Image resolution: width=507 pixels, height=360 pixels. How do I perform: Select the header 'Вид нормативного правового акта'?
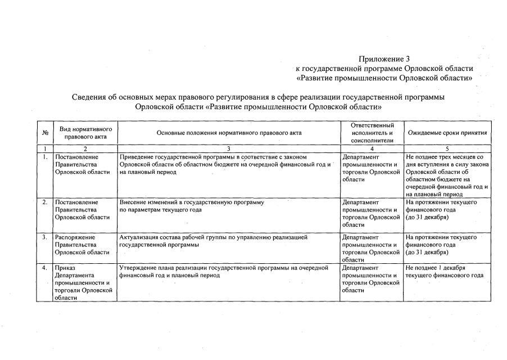pos(85,133)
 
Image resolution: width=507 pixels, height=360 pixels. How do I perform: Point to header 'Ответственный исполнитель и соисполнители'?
pos(371,133)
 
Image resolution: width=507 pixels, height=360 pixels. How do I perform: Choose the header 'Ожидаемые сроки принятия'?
pos(447,133)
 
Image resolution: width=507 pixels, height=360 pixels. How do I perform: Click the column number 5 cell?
pos(447,148)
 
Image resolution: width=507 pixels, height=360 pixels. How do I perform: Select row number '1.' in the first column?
pos(44,156)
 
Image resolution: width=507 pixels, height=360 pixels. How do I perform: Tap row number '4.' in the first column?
pos(44,268)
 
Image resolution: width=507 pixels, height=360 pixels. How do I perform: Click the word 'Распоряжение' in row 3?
pos(75,237)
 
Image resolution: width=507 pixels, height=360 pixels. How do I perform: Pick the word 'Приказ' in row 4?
pos(65,268)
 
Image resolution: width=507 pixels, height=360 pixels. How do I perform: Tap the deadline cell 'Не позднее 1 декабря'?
pos(435,268)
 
